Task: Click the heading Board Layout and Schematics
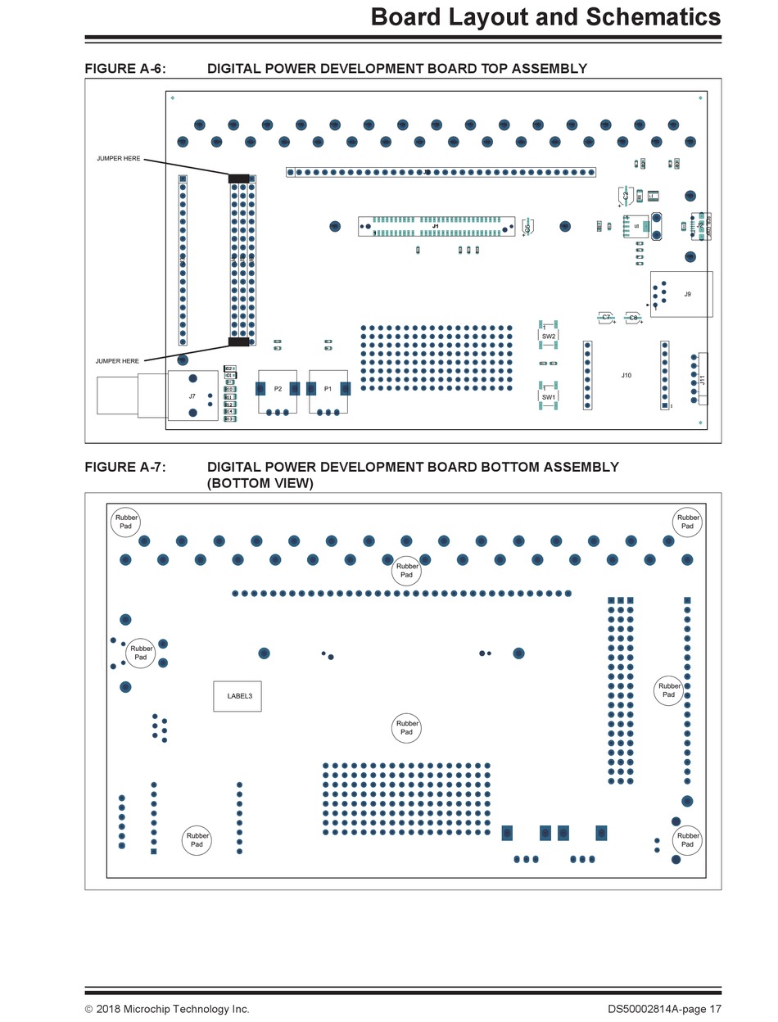545,16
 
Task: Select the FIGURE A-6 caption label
124,69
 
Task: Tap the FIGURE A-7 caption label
124,468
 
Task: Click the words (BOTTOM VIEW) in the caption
260,483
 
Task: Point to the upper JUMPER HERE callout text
118,158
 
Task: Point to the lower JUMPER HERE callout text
117,361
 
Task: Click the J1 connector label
436,225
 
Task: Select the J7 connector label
192,396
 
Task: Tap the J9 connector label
687,294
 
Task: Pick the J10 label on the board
626,375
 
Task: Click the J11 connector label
703,380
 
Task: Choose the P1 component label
328,388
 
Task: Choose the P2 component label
278,388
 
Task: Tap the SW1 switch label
548,397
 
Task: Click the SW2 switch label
548,337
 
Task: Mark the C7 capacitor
606,317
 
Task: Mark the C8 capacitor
633,317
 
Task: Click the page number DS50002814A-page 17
664,1009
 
